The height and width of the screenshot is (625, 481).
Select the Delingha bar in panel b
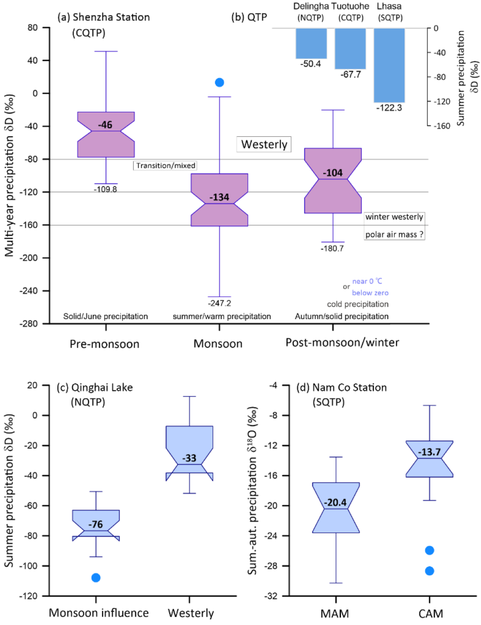[x=311, y=43]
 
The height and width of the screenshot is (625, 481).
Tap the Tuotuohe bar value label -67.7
[x=351, y=75]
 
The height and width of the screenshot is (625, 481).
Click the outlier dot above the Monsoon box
[x=219, y=83]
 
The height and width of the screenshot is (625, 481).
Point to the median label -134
[x=219, y=197]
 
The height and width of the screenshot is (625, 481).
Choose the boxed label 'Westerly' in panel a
[x=264, y=144]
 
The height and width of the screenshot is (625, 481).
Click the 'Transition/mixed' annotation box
[x=165, y=165]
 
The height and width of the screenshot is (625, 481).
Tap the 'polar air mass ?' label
[x=395, y=234]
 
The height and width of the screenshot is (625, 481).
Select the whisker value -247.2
[x=219, y=303]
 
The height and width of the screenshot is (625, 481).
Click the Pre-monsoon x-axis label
[x=104, y=344]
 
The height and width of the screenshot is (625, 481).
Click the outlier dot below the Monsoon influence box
[x=96, y=578]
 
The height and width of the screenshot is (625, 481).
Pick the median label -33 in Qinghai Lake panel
[x=189, y=458]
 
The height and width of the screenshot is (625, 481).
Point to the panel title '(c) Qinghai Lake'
[x=95, y=388]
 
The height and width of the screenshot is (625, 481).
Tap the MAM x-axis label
[x=334, y=614]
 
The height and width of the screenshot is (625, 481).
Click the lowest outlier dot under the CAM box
[x=429, y=571]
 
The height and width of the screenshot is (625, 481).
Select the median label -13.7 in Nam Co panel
[x=429, y=452]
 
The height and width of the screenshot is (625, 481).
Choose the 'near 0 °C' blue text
[x=367, y=281]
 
